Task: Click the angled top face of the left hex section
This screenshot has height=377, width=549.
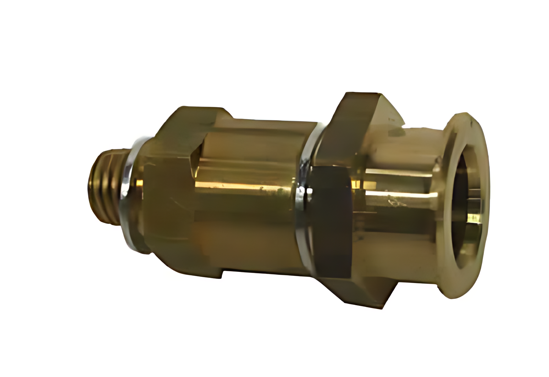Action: pos(194,121)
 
